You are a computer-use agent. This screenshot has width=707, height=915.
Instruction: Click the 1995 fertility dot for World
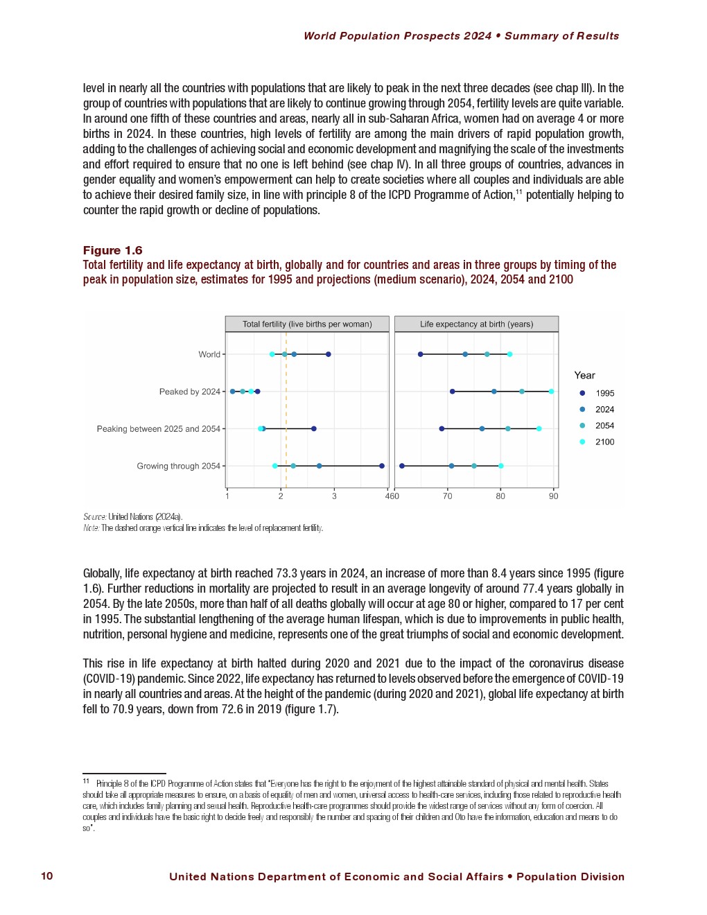(x=329, y=354)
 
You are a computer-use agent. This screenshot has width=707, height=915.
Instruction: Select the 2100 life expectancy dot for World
(x=510, y=354)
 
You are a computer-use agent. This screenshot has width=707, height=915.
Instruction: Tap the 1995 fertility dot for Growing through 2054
(x=382, y=466)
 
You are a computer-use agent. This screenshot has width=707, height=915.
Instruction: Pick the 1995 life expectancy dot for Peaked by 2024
(x=453, y=392)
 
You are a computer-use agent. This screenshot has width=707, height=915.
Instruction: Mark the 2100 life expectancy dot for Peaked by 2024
(x=552, y=392)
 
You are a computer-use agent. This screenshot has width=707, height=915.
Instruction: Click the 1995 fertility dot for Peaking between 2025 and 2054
(x=314, y=429)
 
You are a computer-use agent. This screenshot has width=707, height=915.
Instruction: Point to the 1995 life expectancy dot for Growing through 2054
(x=402, y=466)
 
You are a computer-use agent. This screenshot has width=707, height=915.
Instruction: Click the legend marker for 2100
(x=582, y=442)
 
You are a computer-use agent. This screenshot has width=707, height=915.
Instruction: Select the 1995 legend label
(x=604, y=393)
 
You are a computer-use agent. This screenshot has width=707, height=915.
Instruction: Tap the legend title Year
(x=584, y=375)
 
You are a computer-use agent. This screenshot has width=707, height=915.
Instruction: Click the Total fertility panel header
(x=307, y=324)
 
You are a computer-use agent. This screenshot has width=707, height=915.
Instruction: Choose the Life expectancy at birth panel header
(x=476, y=324)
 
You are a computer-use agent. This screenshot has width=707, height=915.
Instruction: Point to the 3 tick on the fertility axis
(x=334, y=496)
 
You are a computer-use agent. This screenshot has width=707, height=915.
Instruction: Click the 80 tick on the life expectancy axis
(x=500, y=496)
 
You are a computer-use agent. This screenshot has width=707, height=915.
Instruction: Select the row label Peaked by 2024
(x=189, y=392)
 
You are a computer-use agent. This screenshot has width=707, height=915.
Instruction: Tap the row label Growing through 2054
(x=178, y=466)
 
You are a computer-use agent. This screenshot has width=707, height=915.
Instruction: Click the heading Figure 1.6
(x=112, y=250)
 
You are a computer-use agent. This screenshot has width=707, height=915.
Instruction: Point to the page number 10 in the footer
(x=47, y=876)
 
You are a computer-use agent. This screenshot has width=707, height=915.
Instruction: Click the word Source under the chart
(x=94, y=516)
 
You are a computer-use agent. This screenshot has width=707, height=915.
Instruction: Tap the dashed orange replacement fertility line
(x=286, y=409)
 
